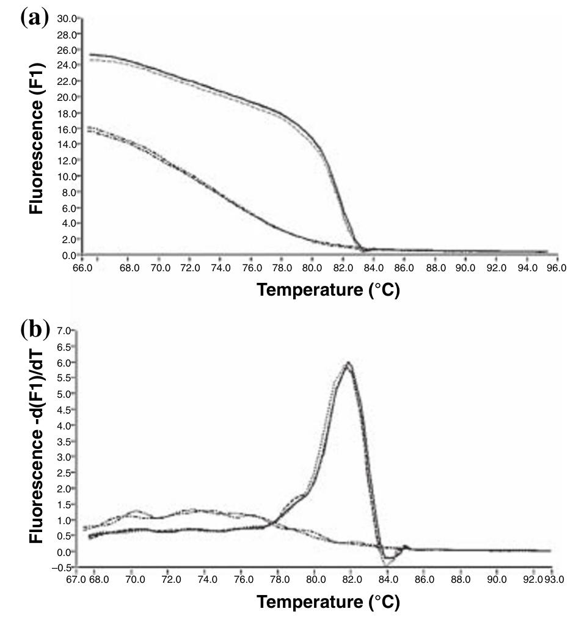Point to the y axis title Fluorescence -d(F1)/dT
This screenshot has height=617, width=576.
37,449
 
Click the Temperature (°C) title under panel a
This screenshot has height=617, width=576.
328,290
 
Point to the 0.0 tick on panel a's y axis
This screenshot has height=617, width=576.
67,255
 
